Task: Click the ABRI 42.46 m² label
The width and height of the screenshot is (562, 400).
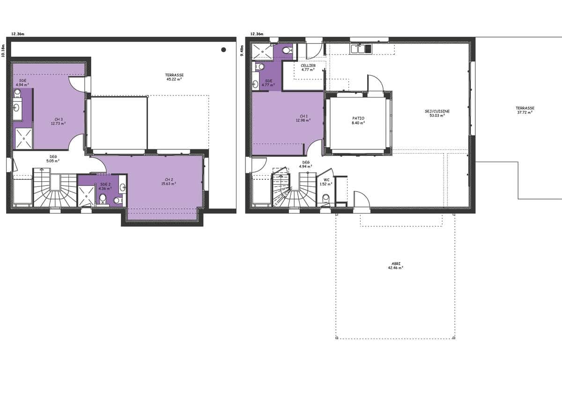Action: (396, 266)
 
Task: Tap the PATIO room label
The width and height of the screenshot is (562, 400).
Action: (358, 120)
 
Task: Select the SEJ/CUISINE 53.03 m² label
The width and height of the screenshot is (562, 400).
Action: (437, 113)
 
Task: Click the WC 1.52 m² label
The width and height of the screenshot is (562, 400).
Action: (326, 182)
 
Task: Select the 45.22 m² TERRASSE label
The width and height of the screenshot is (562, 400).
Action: (174, 77)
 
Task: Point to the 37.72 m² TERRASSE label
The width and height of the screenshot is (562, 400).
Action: (525, 110)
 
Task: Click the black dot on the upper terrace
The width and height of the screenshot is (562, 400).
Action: (223, 50)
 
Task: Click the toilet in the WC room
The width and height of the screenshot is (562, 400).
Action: (325, 198)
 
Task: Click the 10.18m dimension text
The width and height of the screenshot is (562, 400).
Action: (3, 51)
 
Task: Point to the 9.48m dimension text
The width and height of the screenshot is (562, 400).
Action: (242, 51)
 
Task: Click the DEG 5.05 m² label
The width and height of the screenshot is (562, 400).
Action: (53, 159)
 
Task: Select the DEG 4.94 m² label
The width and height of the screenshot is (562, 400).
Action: (305, 164)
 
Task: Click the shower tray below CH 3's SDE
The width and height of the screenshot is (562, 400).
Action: (24, 139)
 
